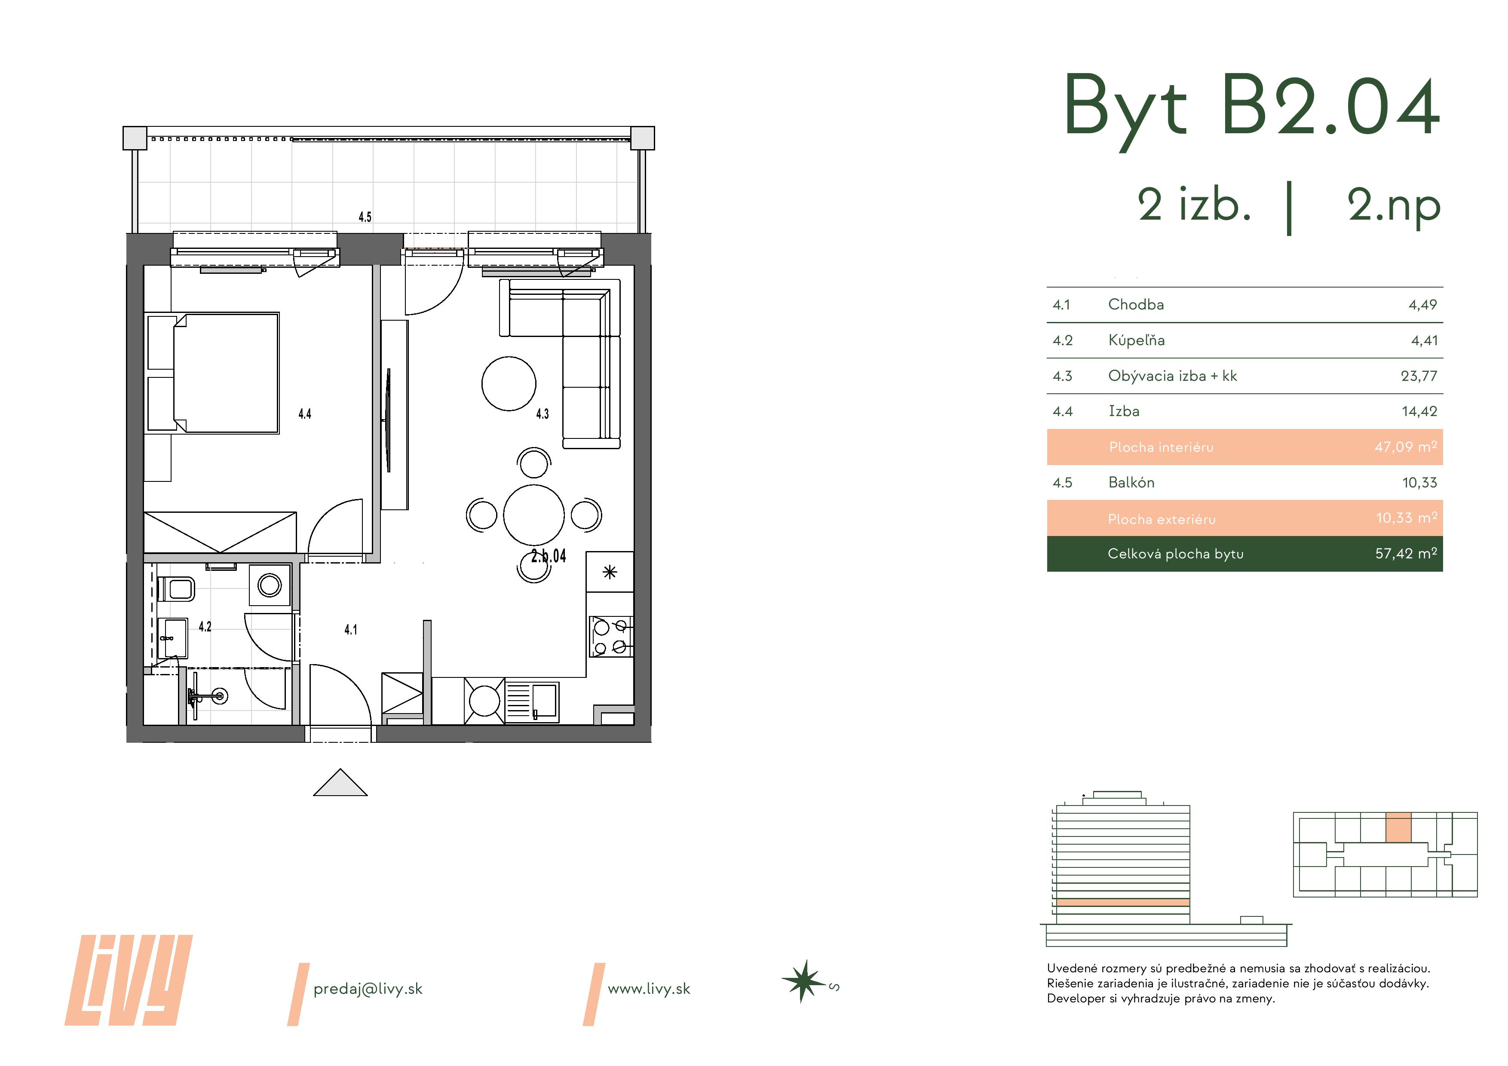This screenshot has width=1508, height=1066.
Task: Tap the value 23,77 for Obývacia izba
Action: coord(1419,377)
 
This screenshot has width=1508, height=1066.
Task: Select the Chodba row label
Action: coord(1136,305)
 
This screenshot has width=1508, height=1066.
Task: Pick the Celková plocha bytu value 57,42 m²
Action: coord(1406,554)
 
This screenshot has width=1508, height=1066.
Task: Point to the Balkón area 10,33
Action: coord(1419,483)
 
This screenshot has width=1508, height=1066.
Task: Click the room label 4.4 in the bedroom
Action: coord(305,414)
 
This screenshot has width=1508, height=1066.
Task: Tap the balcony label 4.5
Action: coord(365,217)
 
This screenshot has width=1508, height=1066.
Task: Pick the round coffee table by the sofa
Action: coord(509,383)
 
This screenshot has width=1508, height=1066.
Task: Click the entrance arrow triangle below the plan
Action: coord(340,784)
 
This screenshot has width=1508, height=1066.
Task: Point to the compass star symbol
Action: coord(803,982)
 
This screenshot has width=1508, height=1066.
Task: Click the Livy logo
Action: coord(129,980)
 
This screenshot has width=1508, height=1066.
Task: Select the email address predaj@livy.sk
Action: coord(368,989)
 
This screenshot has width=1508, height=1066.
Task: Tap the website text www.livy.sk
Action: coord(649,989)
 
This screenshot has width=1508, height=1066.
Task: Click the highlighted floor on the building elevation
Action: coord(1123,903)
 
